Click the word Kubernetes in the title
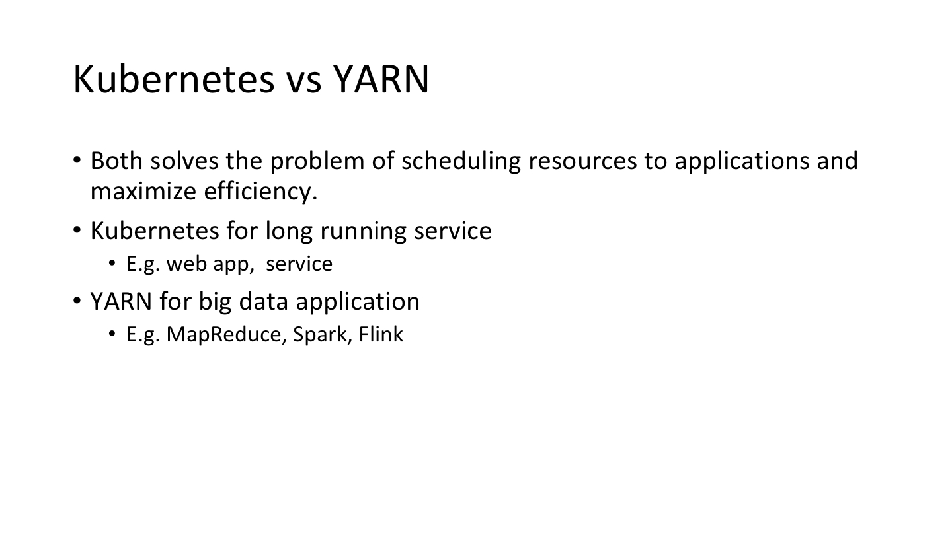pos(175,79)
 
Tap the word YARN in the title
pos(381,79)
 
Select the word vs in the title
pos(304,83)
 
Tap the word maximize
pos(143,191)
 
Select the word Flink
pos(381,334)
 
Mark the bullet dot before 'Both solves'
pos(77,160)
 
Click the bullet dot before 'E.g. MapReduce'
pos(112,334)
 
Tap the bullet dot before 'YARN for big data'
pos(77,301)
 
